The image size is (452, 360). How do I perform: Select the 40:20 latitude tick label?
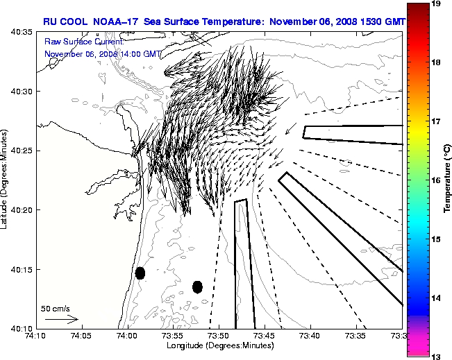point(19,209)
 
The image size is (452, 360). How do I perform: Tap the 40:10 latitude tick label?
point(19,327)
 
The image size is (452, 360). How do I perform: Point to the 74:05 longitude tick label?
point(81,336)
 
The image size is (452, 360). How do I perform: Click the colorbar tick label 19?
point(437,3)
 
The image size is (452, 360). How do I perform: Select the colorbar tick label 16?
point(437,180)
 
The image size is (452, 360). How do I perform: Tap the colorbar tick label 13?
point(437,355)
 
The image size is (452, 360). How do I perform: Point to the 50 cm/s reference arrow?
point(61,319)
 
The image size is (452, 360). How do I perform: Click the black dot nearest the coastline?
point(140,273)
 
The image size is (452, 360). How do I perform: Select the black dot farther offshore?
point(197,286)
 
